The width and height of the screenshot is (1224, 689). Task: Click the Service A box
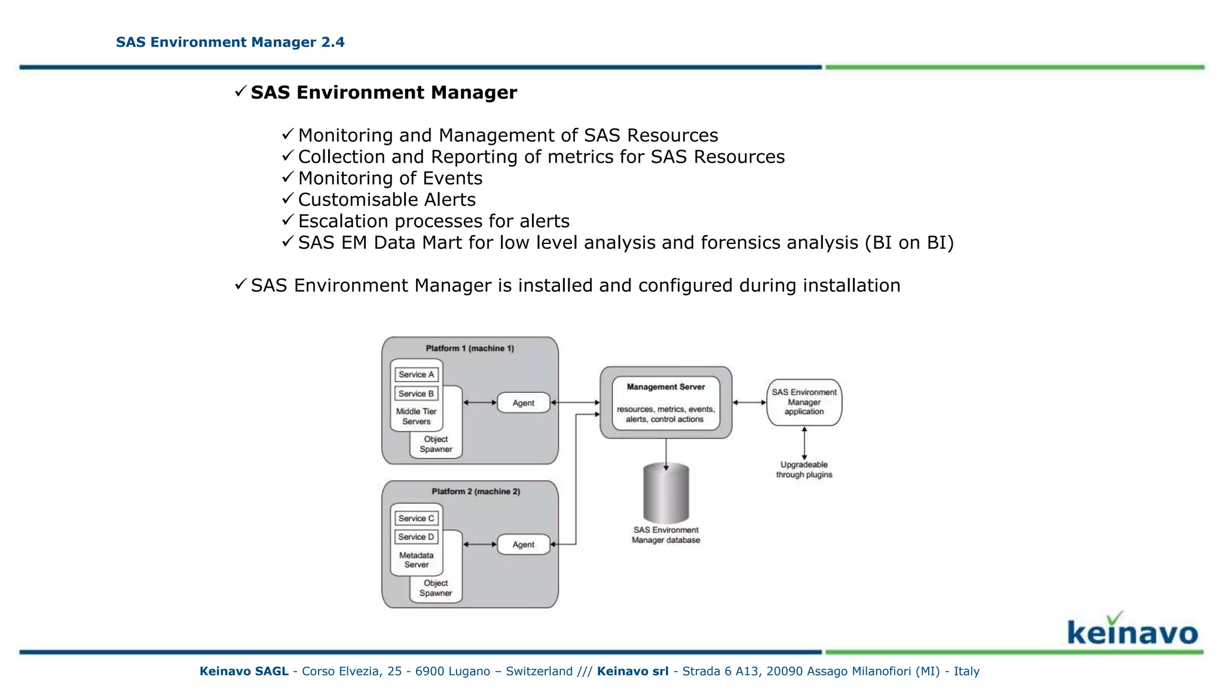(x=416, y=374)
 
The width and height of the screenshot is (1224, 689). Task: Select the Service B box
(x=416, y=394)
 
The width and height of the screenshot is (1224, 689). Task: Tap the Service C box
(x=416, y=518)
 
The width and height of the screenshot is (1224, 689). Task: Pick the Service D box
(x=416, y=536)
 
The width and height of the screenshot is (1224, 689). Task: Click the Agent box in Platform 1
(x=524, y=403)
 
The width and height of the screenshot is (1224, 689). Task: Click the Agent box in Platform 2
(x=524, y=544)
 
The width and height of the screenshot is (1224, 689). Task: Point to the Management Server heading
(x=666, y=387)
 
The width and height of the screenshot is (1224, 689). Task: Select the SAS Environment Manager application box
(x=804, y=402)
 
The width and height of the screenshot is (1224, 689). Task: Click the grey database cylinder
(x=666, y=494)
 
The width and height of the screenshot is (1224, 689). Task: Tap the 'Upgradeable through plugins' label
(x=804, y=470)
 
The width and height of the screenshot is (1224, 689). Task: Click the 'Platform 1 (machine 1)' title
(x=470, y=348)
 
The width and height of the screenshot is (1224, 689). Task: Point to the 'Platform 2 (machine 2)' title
(x=476, y=492)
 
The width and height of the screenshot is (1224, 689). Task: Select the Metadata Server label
(x=416, y=560)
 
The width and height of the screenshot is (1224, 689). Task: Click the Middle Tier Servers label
(x=416, y=416)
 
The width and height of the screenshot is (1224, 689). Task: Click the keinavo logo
(x=1132, y=630)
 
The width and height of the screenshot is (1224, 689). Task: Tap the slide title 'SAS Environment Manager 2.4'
(x=230, y=42)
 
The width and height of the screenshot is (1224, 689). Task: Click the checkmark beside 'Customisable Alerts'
(x=287, y=199)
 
